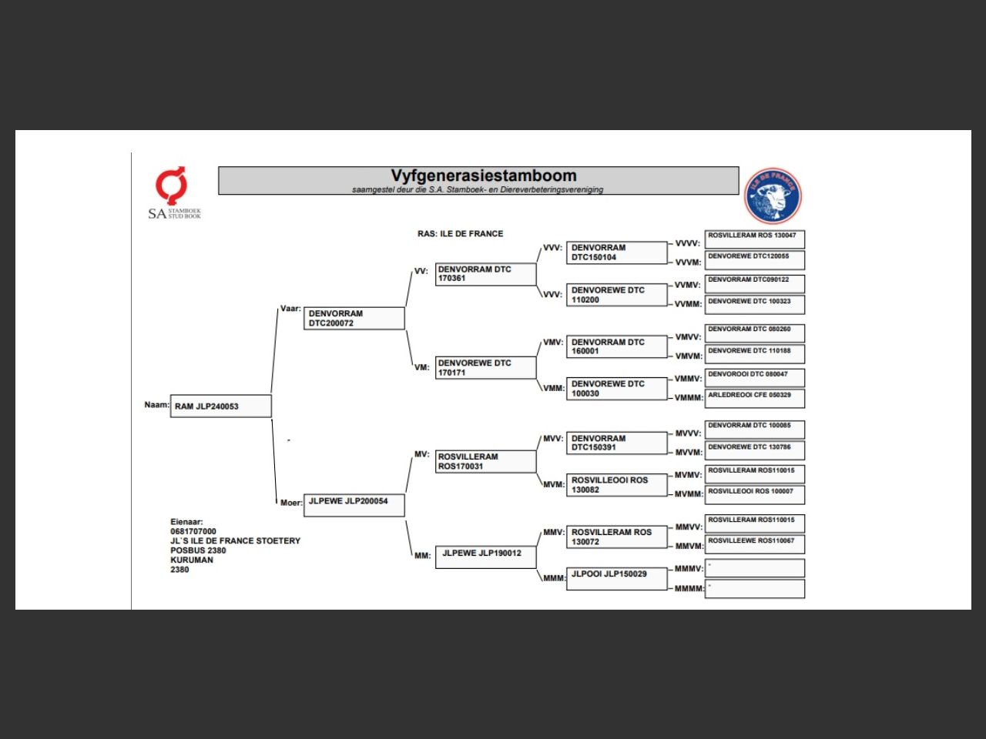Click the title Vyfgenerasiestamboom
(483, 176)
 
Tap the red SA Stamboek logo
(171, 185)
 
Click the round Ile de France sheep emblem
(773, 196)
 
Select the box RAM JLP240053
(220, 406)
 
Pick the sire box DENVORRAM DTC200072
(354, 319)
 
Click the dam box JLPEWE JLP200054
(354, 505)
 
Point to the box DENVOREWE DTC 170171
(485, 368)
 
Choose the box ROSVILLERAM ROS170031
(485, 462)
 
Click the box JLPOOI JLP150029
(616, 578)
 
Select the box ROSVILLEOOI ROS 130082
(616, 485)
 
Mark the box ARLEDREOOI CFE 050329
(755, 398)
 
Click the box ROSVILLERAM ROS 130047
(755, 239)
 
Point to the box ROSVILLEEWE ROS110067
(755, 543)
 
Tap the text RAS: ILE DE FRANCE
(460, 234)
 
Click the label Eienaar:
(186, 522)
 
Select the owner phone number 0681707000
(193, 531)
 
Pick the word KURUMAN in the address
(192, 560)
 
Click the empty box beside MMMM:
(755, 589)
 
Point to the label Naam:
(156, 405)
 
